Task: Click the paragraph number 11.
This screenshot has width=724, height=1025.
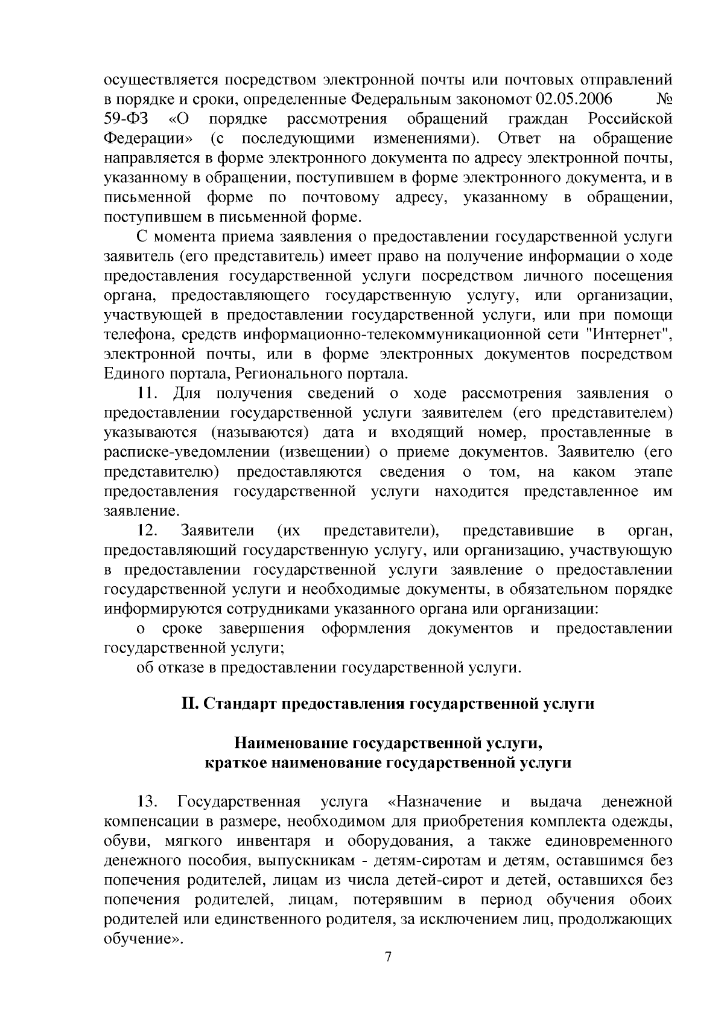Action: point(148,394)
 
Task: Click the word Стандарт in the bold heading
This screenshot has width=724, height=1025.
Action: point(240,704)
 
